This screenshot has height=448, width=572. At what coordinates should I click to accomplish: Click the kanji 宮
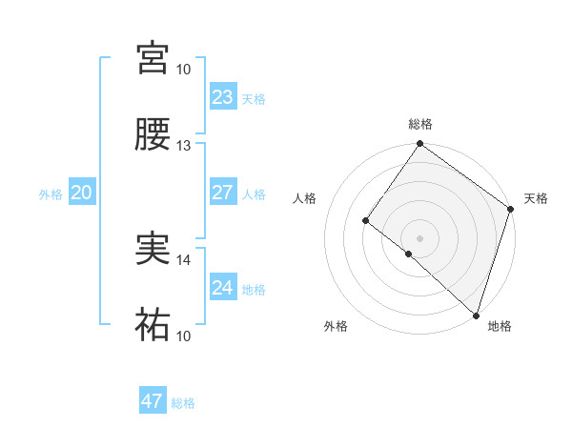153,58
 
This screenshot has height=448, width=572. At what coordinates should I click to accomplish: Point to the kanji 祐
153,325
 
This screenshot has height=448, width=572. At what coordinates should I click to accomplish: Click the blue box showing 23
222,97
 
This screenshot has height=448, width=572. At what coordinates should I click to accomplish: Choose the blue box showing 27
222,193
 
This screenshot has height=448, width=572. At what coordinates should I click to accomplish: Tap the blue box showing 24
222,288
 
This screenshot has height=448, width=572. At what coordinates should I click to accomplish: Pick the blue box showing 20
81,193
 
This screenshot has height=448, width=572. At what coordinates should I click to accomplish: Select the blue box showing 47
152,401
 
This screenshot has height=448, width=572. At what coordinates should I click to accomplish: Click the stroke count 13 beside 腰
183,146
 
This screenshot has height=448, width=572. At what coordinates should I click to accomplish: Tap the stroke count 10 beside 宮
183,70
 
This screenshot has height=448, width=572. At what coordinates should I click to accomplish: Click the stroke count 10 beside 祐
183,336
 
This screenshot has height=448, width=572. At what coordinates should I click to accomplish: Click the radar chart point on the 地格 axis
476,315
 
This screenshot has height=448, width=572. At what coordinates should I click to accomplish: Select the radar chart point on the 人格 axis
366,221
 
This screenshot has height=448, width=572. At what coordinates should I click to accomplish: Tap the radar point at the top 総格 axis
419,145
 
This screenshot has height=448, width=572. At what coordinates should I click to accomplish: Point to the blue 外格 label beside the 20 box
51,193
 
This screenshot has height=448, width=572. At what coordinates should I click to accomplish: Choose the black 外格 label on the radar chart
336,327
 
